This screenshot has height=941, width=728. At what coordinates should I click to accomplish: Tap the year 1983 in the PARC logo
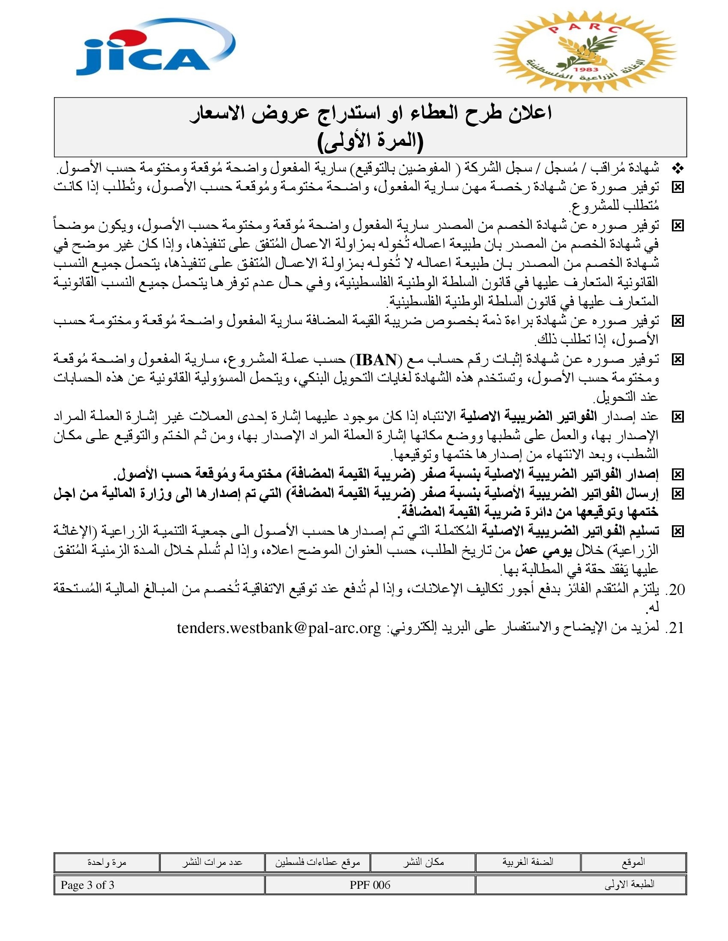[x=586, y=69]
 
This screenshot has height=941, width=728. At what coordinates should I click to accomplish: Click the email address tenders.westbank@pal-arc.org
[x=279, y=628]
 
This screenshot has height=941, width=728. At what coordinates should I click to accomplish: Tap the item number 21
[x=675, y=628]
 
